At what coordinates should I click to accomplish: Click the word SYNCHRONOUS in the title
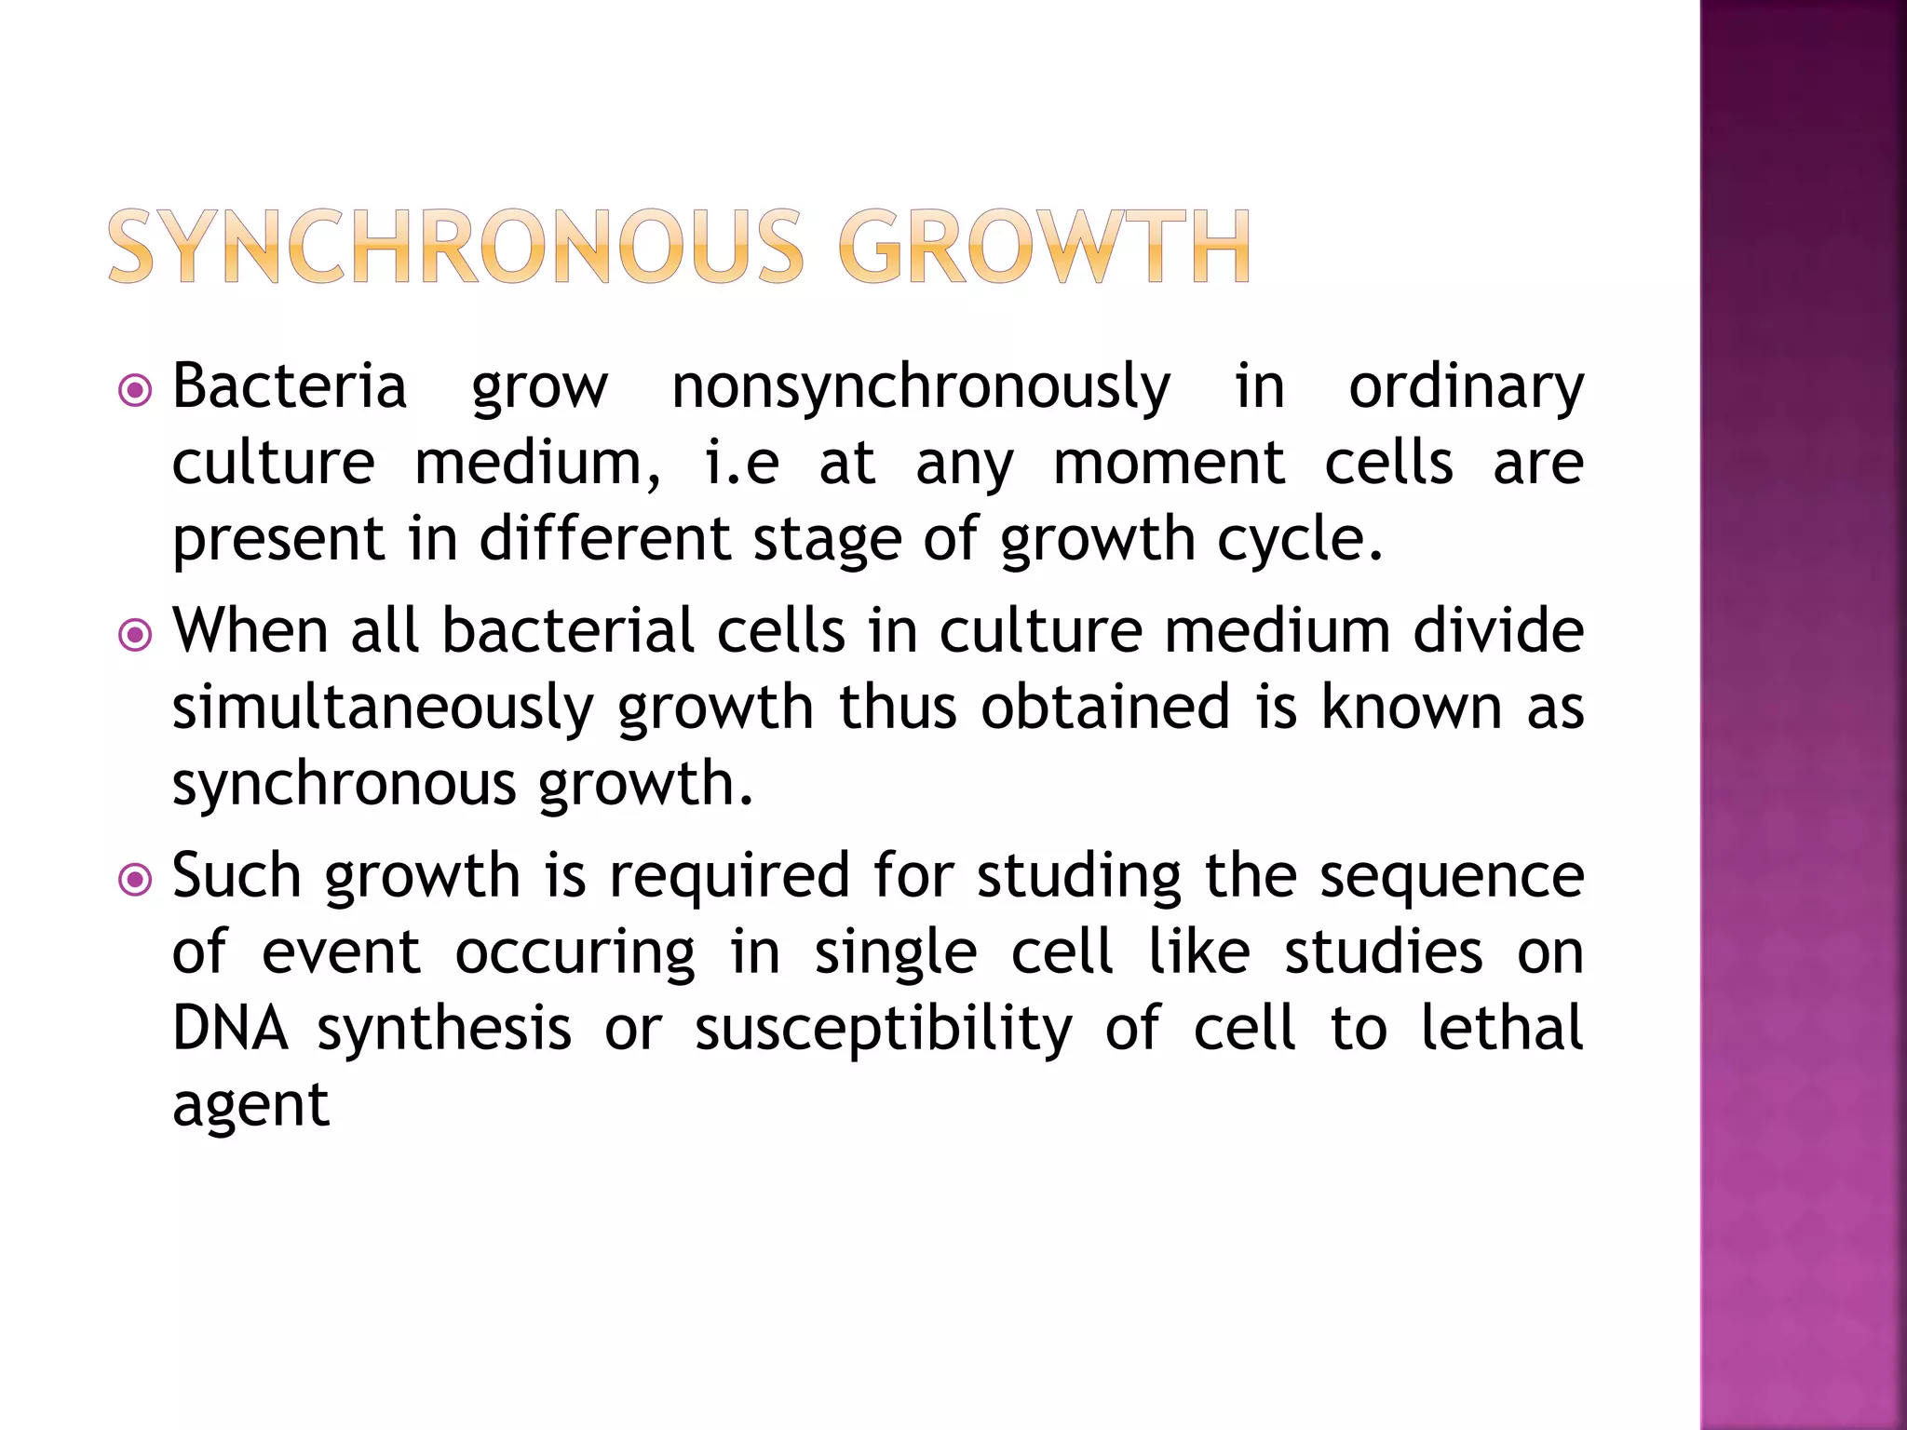click(455, 247)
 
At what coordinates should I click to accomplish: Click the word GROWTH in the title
click(1044, 247)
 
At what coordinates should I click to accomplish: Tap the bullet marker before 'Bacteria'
click(136, 391)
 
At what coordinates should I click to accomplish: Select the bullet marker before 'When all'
click(136, 636)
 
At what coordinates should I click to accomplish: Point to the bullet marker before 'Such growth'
click(136, 880)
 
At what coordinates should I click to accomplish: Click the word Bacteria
click(290, 386)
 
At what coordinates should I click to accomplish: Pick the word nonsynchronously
click(921, 388)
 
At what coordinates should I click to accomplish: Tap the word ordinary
click(1466, 388)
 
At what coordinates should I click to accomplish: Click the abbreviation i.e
click(741, 464)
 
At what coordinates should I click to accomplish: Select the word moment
click(1169, 464)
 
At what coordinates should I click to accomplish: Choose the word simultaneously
click(383, 708)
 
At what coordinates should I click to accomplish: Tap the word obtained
click(1106, 707)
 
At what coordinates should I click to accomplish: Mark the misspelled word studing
click(1079, 878)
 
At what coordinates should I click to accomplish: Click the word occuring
click(575, 954)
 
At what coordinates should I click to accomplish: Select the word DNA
click(230, 1029)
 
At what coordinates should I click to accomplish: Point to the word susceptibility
click(884, 1031)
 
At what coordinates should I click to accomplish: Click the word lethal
click(1501, 1029)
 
